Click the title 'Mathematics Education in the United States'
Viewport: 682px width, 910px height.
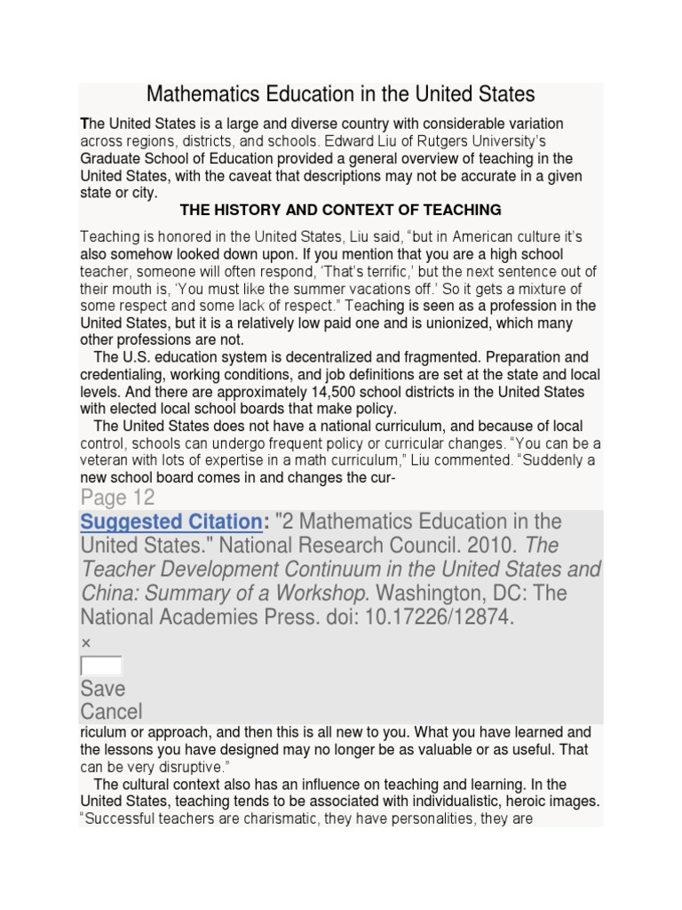click(x=340, y=94)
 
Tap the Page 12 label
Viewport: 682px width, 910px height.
click(x=117, y=497)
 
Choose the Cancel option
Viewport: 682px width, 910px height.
click(x=111, y=711)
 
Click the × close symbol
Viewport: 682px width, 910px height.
click(x=86, y=643)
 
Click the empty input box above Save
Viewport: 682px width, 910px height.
click(x=100, y=666)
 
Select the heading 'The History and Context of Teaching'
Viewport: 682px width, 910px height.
click(x=340, y=210)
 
